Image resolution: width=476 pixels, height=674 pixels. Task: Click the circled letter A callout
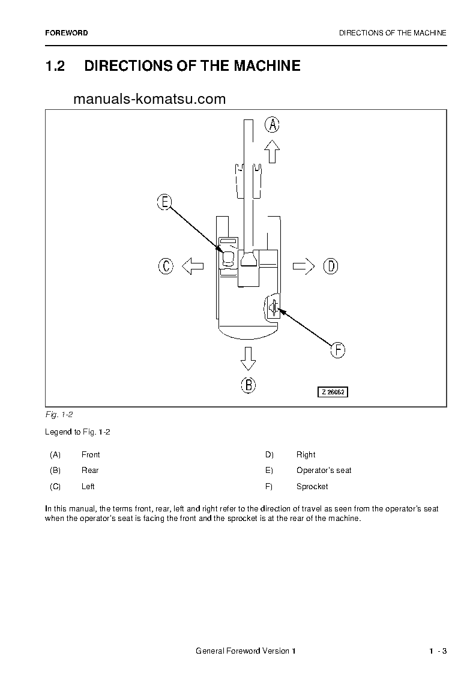(273, 125)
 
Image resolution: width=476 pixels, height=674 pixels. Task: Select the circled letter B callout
(249, 385)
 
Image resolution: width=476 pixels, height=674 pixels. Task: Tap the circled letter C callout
(166, 266)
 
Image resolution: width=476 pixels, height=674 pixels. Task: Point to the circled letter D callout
(331, 266)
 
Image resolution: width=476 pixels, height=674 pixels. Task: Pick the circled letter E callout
(164, 202)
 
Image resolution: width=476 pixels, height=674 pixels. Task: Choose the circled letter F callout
(339, 350)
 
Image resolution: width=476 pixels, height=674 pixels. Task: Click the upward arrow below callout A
(273, 151)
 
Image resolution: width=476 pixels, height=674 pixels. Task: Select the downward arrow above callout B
(248, 358)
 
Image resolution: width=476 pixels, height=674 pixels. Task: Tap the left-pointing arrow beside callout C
(192, 266)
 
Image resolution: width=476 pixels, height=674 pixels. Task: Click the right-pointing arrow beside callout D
(304, 266)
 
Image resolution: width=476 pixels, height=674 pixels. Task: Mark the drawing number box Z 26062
(333, 392)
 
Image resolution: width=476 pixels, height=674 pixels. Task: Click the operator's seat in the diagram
(229, 259)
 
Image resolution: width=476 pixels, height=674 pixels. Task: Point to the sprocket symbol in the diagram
(274, 308)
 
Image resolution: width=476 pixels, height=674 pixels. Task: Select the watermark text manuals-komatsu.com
(149, 99)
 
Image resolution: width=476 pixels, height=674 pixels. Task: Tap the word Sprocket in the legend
(312, 486)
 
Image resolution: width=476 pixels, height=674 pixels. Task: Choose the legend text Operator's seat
(324, 470)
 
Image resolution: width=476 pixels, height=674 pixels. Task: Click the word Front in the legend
(91, 454)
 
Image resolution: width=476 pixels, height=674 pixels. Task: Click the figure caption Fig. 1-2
(59, 415)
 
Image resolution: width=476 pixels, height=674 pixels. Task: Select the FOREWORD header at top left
(66, 33)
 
